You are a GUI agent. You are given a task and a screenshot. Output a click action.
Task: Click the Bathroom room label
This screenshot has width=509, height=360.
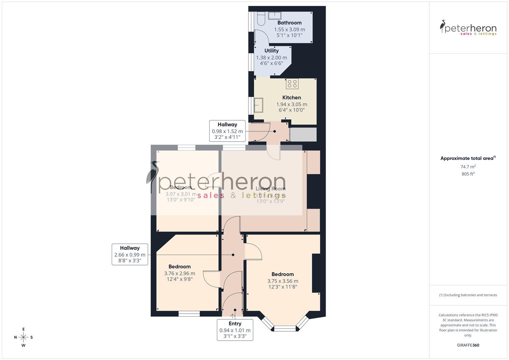click(x=289, y=23)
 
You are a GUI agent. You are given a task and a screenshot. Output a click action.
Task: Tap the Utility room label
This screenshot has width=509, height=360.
click(x=271, y=51)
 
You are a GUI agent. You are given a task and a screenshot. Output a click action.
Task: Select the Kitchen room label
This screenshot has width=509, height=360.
click(x=292, y=98)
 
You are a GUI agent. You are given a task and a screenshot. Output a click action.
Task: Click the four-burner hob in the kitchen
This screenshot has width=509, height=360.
click(x=292, y=84)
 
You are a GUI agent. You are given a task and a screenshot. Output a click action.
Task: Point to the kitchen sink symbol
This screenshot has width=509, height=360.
click(x=258, y=105)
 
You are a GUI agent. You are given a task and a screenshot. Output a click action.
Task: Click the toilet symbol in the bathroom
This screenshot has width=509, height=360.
click(x=260, y=18)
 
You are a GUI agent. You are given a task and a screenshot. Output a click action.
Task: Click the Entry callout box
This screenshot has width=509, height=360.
click(x=235, y=330)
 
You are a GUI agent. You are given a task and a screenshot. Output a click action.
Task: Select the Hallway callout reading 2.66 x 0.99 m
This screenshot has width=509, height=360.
click(x=130, y=254)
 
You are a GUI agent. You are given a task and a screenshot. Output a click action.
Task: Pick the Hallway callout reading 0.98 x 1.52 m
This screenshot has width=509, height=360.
click(x=227, y=131)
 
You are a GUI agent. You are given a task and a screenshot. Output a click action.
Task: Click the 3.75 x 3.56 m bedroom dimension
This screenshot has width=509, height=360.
click(x=283, y=281)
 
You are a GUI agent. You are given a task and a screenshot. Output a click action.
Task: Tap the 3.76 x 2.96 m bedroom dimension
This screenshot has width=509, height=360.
click(x=179, y=273)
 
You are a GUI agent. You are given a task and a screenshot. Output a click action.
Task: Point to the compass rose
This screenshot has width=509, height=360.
click(x=23, y=337)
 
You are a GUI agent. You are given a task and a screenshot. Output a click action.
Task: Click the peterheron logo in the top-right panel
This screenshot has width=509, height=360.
click(x=468, y=28)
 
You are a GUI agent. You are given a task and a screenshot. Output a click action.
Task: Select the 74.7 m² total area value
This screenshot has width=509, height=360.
click(x=468, y=167)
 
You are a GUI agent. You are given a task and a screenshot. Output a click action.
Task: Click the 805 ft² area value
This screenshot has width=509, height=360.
click(x=468, y=174)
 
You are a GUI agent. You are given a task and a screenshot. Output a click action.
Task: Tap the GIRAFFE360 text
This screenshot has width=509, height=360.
click(x=468, y=345)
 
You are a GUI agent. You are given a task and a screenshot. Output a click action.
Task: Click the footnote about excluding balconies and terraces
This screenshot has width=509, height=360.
click(x=468, y=295)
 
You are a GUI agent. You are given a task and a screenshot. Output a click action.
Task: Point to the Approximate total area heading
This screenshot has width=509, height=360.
click(x=468, y=158)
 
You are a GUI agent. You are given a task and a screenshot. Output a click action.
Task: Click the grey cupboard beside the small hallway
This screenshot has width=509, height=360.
click(x=303, y=135)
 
